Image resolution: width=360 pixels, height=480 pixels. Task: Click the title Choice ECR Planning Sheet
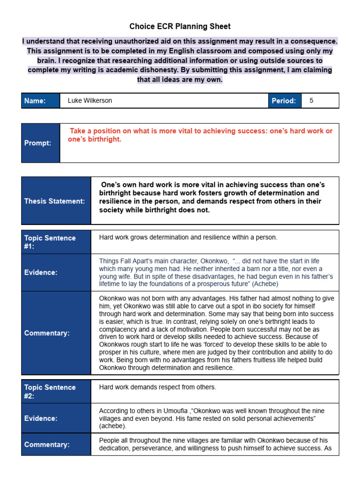pyautogui.click(x=180, y=26)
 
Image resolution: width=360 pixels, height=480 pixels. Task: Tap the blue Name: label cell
pyautogui.click(x=40, y=101)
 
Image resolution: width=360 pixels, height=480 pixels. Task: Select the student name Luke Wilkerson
pyautogui.click(x=90, y=101)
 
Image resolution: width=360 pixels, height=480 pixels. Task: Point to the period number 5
pyautogui.click(x=311, y=101)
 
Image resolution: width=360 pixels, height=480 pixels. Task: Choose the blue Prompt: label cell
pyautogui.click(x=40, y=143)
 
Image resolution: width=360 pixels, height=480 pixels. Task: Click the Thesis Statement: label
pyautogui.click(x=55, y=201)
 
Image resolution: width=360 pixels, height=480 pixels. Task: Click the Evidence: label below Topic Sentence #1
pyautogui.click(x=41, y=272)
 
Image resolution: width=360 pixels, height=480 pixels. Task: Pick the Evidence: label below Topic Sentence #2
pyautogui.click(x=41, y=418)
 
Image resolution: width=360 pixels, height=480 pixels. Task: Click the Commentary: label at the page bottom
pyautogui.click(x=47, y=444)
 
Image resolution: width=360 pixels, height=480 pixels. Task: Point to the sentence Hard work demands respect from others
pyautogui.click(x=157, y=387)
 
